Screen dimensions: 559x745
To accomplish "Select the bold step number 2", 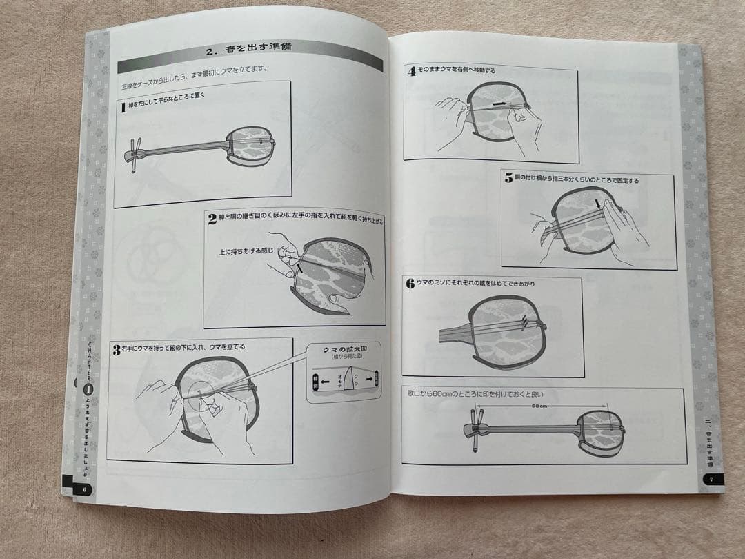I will (x=212, y=219).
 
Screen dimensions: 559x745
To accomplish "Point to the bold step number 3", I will (x=117, y=350).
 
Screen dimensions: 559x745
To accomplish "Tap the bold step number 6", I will (x=410, y=283).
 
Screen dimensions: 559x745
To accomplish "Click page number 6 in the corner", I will (x=83, y=489).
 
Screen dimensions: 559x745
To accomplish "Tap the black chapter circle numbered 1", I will (x=87, y=389).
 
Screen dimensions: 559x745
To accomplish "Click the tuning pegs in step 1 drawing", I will (x=135, y=149).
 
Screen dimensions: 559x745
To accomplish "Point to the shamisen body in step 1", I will (x=253, y=144).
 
